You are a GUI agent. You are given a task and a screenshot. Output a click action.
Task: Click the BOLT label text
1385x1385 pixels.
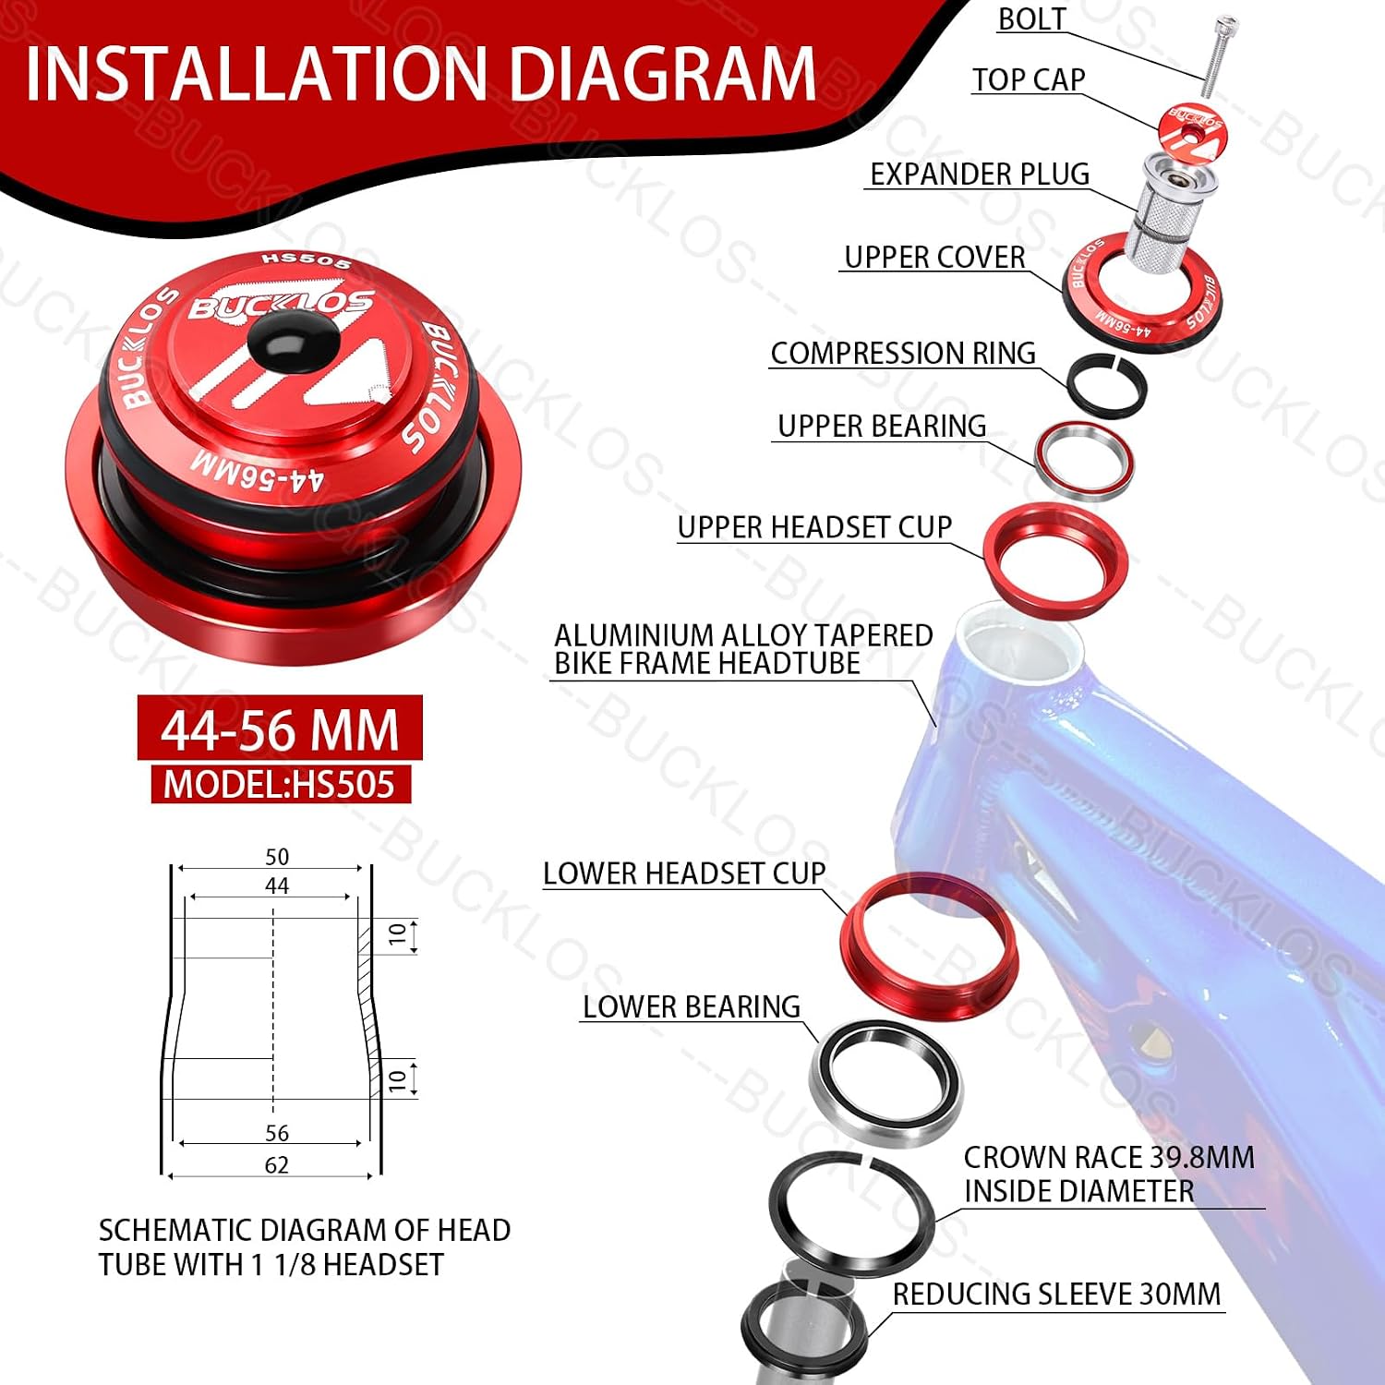click(1032, 19)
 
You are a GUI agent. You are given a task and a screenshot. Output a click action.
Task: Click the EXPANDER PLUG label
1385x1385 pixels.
click(980, 174)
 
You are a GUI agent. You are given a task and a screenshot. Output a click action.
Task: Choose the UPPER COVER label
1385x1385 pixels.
click(934, 257)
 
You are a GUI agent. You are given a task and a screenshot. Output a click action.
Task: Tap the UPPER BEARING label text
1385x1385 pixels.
click(882, 426)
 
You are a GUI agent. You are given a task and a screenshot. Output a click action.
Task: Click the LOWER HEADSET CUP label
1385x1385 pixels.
click(684, 873)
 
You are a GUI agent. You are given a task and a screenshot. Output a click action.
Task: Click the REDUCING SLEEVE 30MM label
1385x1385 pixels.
click(1056, 1294)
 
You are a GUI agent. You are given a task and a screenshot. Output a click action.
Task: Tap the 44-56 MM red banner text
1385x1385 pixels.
click(280, 729)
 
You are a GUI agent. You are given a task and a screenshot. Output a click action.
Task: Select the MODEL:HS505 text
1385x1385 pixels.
click(279, 784)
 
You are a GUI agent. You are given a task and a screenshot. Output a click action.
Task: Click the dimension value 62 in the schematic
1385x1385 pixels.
click(276, 1165)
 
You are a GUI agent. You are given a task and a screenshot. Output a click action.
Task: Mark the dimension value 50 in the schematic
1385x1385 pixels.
click(277, 857)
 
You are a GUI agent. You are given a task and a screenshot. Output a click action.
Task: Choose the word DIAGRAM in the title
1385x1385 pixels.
click(662, 74)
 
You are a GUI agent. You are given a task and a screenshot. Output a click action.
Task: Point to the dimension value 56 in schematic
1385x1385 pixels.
click(277, 1133)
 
